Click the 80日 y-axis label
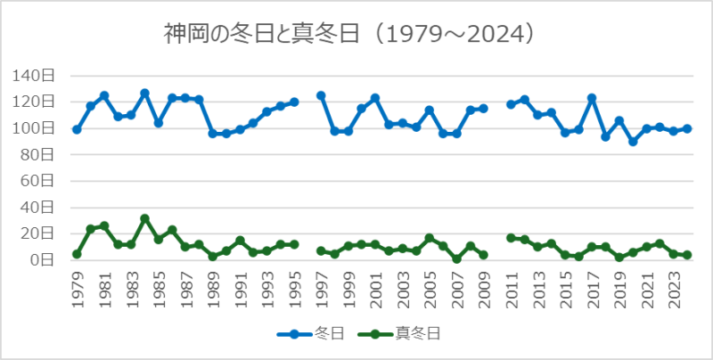(x=40, y=154)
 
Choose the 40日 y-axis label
(x=40, y=208)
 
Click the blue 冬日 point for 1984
(x=144, y=93)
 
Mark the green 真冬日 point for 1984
(x=144, y=218)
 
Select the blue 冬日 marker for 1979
(x=77, y=129)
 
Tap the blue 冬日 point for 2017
(x=592, y=98)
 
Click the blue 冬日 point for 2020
(x=633, y=142)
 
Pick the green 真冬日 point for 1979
(x=77, y=254)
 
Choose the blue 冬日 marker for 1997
(x=321, y=95)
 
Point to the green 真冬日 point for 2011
(x=511, y=238)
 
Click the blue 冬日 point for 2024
(x=687, y=128)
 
